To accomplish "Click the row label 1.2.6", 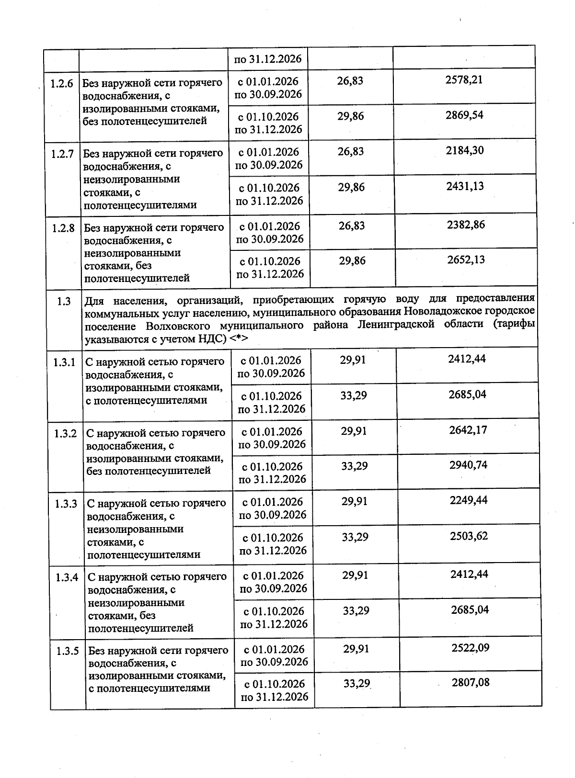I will (62, 83).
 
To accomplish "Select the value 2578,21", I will (464, 80).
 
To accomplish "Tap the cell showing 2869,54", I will (464, 115).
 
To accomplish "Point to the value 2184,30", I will (465, 151).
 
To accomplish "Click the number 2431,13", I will (465, 187).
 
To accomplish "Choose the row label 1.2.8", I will (63, 228).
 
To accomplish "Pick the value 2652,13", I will (466, 260).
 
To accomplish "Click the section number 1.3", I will (64, 302).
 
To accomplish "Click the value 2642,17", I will (468, 430).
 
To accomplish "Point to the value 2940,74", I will (468, 465).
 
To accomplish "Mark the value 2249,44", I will (469, 500).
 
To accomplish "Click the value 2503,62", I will (469, 536).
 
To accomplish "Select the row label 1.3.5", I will (68, 651).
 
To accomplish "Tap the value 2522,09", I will (471, 648).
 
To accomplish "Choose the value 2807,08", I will (471, 683).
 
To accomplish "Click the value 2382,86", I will (466, 225).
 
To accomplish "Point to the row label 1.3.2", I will (66, 434).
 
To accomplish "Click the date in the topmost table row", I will (267, 59).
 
